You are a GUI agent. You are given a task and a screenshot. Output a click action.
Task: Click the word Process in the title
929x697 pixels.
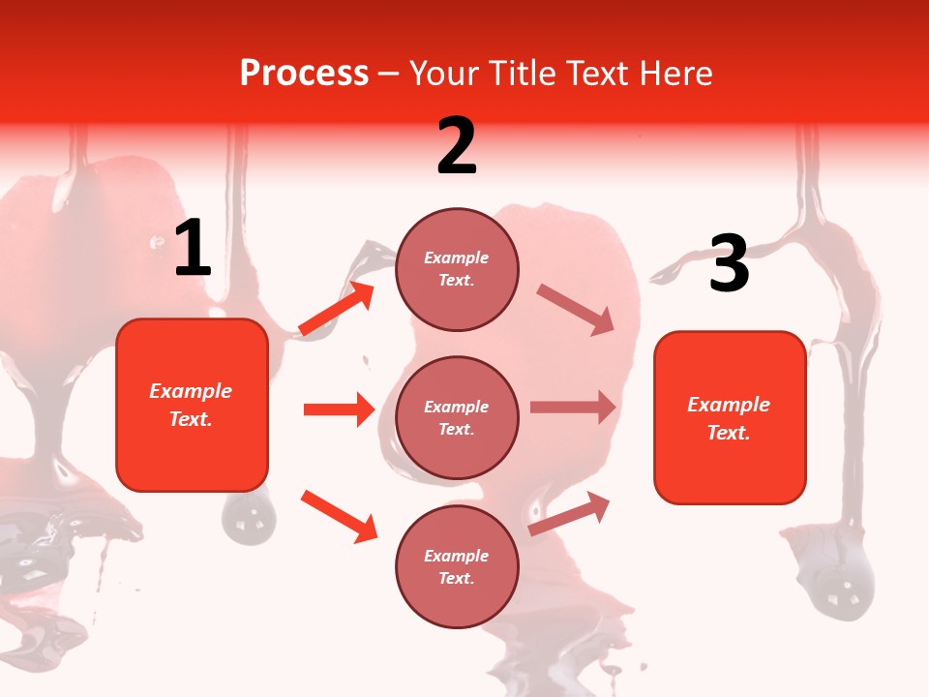[x=304, y=74]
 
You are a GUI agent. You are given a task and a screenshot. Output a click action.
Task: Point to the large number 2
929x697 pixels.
[x=457, y=145]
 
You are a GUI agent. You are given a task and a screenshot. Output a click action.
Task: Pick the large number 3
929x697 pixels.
[x=729, y=264]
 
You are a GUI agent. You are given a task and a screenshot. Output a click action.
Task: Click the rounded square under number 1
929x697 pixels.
[x=192, y=405]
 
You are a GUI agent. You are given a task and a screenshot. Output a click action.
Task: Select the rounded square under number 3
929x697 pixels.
[x=730, y=417]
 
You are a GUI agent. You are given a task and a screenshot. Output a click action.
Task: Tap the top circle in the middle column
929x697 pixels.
[x=457, y=269]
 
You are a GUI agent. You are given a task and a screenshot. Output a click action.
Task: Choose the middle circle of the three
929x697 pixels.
[x=457, y=418]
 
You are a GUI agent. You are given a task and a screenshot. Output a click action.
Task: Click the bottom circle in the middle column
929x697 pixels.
[x=457, y=566]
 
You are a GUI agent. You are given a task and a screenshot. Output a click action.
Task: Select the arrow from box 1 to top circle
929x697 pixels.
[x=336, y=308]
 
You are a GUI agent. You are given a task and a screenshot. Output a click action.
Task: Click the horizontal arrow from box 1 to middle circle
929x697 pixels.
[x=338, y=409]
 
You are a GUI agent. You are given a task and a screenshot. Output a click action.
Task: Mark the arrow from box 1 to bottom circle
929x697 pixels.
[x=338, y=515]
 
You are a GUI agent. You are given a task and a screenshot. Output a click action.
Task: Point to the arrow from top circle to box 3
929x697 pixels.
[x=576, y=309]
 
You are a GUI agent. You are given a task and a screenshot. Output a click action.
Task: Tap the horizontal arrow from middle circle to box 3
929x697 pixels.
[x=572, y=408]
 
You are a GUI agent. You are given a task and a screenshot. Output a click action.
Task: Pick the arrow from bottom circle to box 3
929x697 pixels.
[x=569, y=513]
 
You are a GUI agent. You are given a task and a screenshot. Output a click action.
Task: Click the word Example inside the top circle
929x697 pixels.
[x=457, y=258]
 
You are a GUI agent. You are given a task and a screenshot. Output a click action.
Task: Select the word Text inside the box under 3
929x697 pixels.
[x=728, y=433]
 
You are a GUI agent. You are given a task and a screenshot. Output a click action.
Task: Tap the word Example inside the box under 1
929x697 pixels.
[x=191, y=391]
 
